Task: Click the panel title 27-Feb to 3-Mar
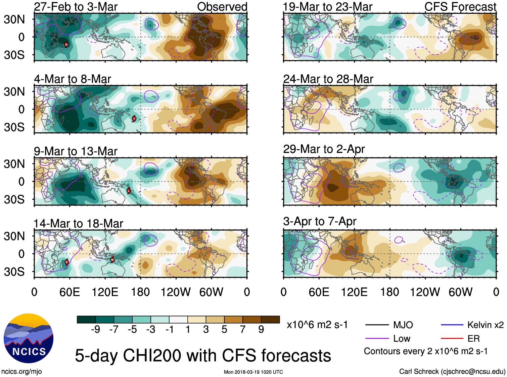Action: pyautogui.click(x=76, y=7)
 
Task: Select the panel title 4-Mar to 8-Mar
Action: pyautogui.click(x=72, y=79)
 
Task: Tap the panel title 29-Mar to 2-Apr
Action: pyautogui.click(x=324, y=149)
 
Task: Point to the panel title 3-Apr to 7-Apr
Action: pyautogui.click(x=320, y=221)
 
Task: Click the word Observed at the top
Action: pyautogui.click(x=222, y=7)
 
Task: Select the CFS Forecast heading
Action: pyautogui.click(x=460, y=7)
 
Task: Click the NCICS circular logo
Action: pyautogui.click(x=29, y=338)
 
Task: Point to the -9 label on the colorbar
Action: pyautogui.click(x=95, y=329)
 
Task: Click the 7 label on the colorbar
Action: pyautogui.click(x=243, y=329)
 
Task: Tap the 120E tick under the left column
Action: pyautogui.click(x=105, y=292)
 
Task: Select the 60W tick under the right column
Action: pyautogui.click(x=460, y=292)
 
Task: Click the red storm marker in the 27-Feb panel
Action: pyautogui.click(x=66, y=44)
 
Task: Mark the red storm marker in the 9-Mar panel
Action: pyautogui.click(x=129, y=191)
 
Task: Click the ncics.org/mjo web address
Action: pyautogui.click(x=21, y=371)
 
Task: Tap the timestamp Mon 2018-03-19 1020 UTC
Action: pyautogui.click(x=253, y=372)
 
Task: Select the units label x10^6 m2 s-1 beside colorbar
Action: pyautogui.click(x=317, y=325)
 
